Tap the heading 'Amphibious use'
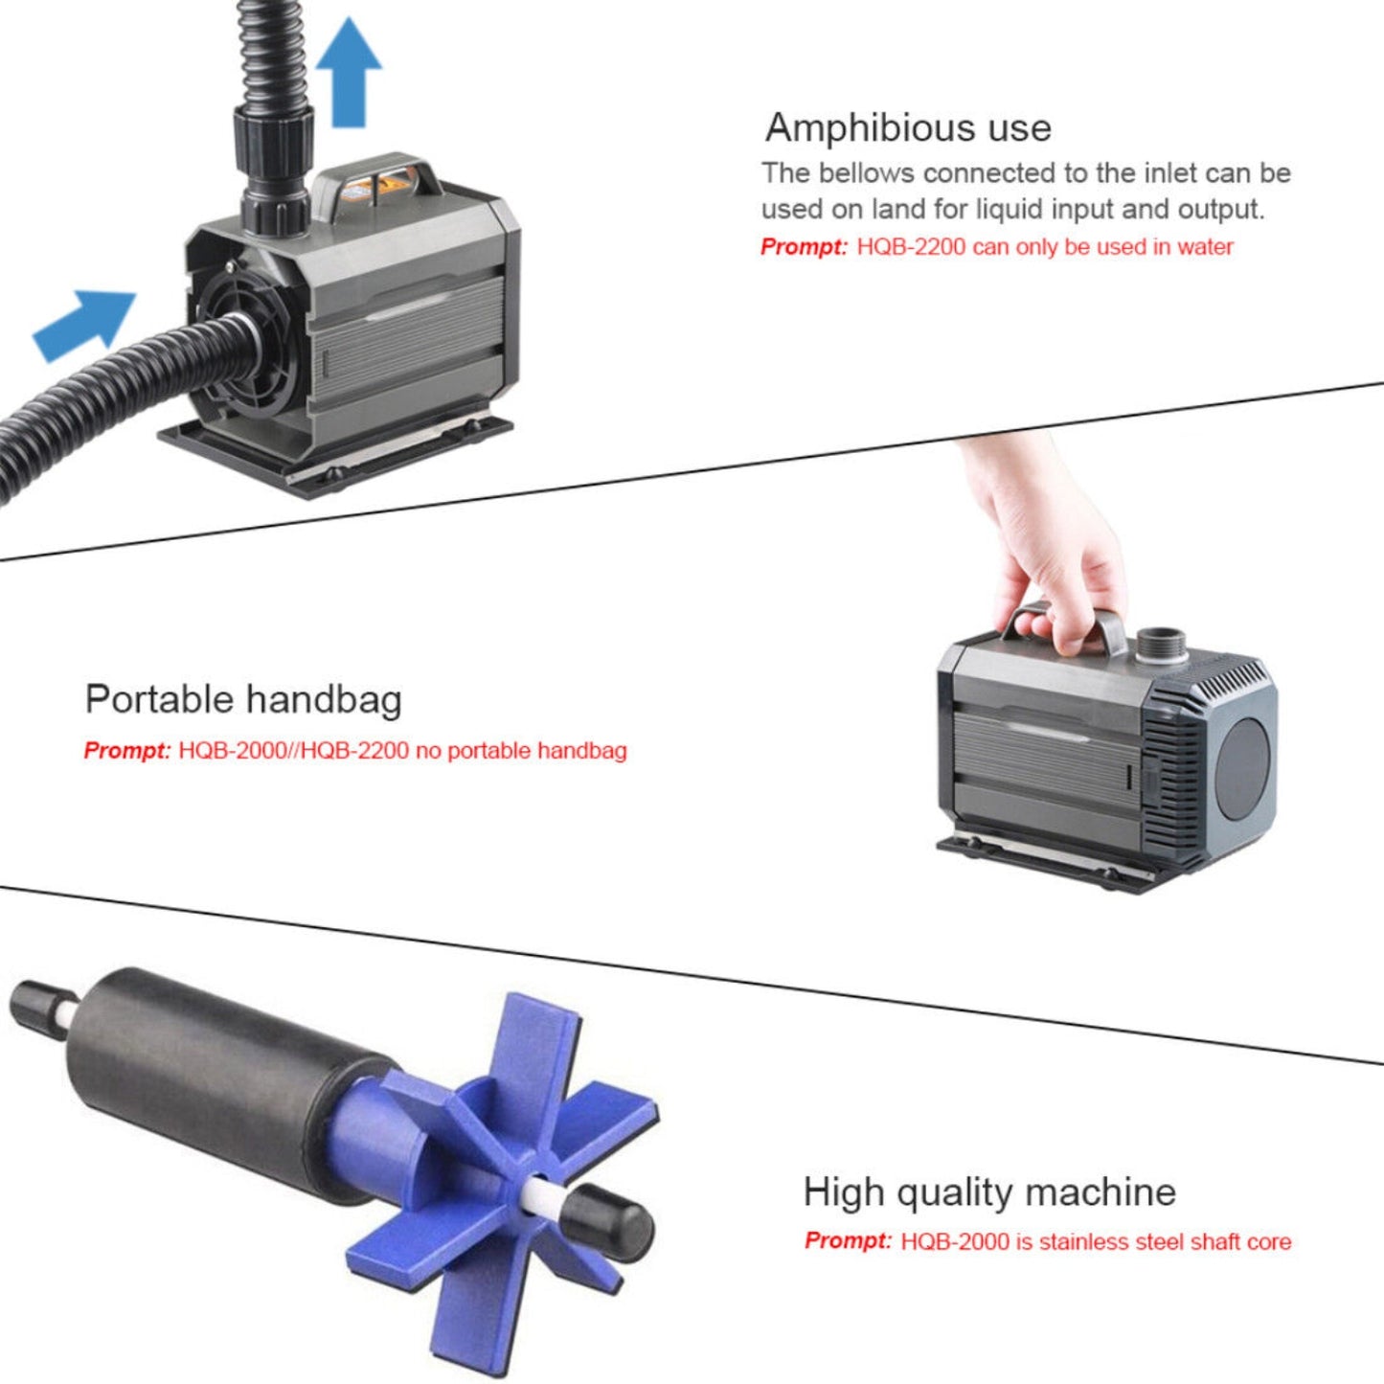point(908,127)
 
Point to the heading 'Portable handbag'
point(243,699)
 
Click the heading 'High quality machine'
point(988,1192)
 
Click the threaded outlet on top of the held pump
point(1161,643)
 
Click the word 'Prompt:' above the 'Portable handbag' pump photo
point(804,247)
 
